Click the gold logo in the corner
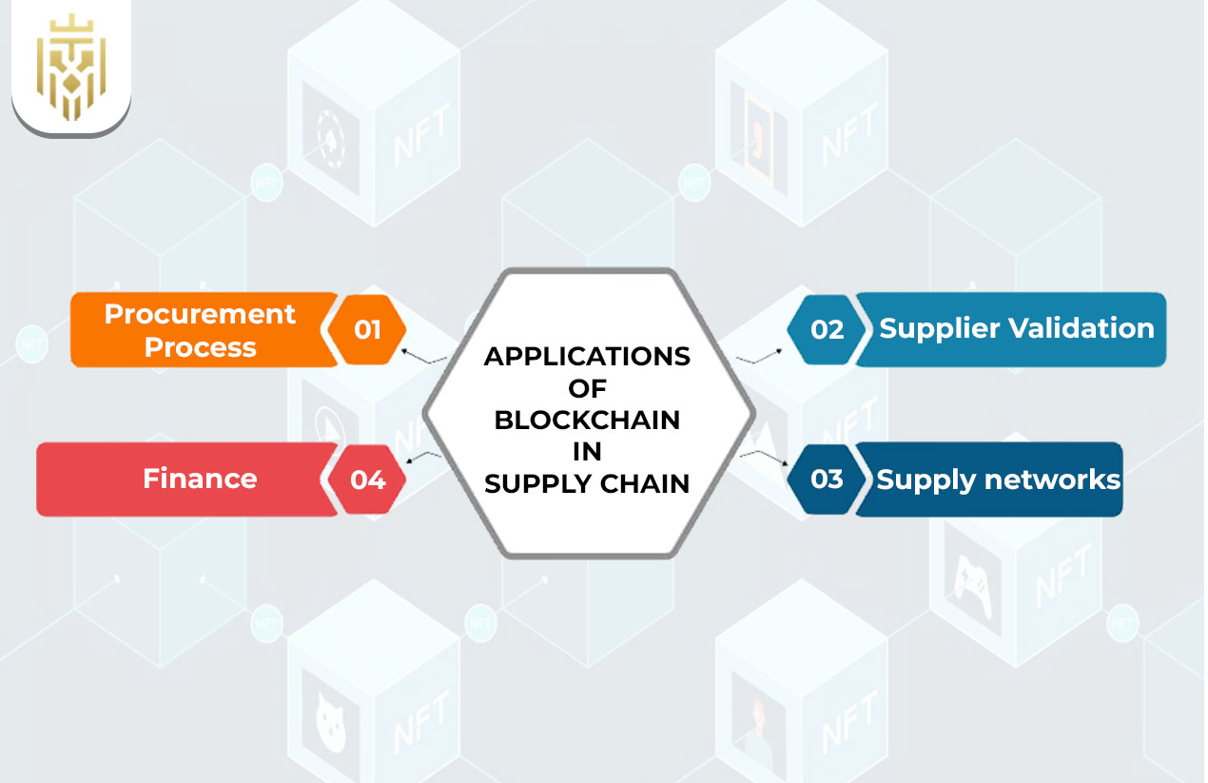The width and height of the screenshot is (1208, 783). (70, 67)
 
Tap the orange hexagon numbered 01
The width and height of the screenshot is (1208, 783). (367, 329)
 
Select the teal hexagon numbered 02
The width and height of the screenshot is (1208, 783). (827, 329)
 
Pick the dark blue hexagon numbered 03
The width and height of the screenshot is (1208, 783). (827, 479)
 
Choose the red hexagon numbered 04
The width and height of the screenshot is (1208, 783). (367, 480)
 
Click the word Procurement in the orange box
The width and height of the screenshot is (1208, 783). (200, 314)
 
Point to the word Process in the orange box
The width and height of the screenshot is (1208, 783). (200, 347)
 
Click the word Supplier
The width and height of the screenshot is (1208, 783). (937, 328)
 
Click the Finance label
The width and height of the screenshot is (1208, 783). (200, 479)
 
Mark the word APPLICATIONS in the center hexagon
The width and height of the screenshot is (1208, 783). (587, 357)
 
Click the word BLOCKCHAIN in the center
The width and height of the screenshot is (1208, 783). (587, 420)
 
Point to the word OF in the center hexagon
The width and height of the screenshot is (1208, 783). (587, 388)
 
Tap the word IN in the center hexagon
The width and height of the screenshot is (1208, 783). (587, 451)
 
